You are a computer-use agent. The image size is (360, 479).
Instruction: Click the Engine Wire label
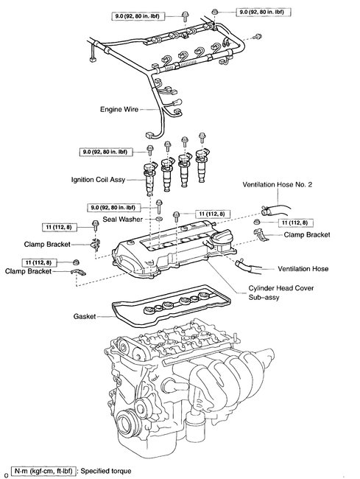point(119,109)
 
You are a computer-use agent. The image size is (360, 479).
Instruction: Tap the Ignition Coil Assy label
point(98,180)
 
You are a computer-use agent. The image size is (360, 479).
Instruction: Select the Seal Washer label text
point(123,220)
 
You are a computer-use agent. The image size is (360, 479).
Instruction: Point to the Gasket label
point(85,316)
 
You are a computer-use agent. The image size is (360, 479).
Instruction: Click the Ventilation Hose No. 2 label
point(278,184)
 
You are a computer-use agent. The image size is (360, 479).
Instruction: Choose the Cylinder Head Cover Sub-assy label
point(281,293)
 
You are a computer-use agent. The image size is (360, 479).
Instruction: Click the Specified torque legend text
point(106,471)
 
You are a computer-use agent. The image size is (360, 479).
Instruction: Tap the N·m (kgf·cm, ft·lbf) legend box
point(43,471)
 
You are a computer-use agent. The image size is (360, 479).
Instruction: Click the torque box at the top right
point(264,13)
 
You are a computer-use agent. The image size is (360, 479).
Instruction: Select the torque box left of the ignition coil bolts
point(106,152)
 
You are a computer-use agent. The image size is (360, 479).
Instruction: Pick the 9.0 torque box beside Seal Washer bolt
point(114,208)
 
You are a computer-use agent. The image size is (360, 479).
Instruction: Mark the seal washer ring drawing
point(158,219)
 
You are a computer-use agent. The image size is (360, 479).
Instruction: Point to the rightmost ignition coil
point(202,165)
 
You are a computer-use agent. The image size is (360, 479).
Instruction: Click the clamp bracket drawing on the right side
point(260,234)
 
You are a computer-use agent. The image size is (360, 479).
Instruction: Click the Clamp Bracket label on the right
point(307,234)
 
